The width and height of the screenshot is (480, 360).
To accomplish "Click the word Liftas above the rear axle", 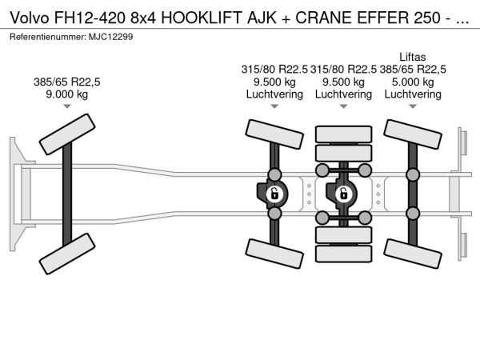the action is (412, 58).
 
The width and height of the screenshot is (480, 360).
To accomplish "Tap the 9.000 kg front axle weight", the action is (67, 94).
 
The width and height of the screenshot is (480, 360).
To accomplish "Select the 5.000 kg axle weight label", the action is (413, 82).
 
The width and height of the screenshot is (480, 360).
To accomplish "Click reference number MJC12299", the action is (111, 37).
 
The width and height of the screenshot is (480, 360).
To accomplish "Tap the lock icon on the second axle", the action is (274, 194).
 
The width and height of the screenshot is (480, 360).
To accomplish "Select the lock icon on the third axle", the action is (343, 194).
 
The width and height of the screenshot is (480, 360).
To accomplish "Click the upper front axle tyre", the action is (67, 134).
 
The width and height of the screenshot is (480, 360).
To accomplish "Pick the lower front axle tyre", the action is (67, 254).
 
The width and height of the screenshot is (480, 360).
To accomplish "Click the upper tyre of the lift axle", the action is (413, 134).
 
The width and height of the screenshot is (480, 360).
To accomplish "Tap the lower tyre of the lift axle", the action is (413, 254).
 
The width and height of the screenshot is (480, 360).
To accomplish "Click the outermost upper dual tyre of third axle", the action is (343, 134).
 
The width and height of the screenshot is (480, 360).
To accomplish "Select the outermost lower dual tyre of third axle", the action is (343, 254).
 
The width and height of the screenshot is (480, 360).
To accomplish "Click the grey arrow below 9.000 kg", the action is (67, 106).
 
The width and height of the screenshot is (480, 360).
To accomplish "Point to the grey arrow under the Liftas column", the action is (413, 106).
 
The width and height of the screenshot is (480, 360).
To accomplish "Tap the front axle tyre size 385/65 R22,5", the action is (67, 82).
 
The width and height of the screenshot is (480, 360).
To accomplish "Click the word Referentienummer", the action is (48, 37).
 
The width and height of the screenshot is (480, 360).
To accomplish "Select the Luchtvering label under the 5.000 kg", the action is (413, 94).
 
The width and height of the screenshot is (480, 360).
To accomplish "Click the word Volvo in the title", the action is (30, 18).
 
